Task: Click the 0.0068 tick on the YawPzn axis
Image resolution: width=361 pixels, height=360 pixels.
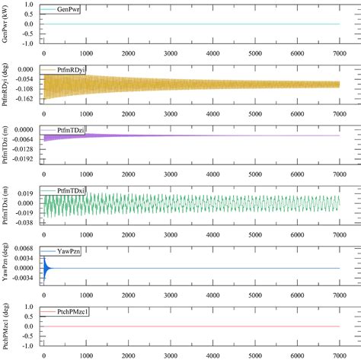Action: [x=24, y=249]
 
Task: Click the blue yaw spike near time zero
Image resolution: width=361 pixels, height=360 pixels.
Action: [x=46, y=267]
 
